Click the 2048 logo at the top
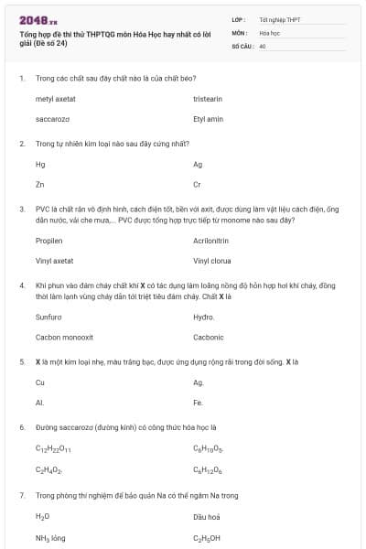point(38,19)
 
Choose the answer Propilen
point(48,241)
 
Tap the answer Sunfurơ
point(48,317)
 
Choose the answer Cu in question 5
point(39,382)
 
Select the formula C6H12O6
point(209,469)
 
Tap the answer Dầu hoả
point(207,518)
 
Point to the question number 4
point(21,285)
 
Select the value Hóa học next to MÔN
point(269,31)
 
